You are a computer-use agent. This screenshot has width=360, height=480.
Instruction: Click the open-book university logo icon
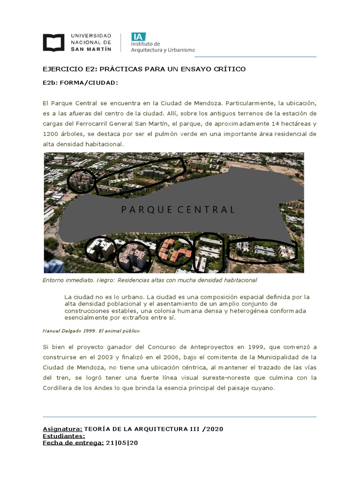click(54, 42)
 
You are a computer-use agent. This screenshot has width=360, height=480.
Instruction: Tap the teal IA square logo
click(138, 37)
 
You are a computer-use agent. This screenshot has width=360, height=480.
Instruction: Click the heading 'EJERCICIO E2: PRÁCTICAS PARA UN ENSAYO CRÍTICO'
click(144, 69)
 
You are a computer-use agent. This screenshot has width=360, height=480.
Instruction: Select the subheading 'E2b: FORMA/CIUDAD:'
click(81, 83)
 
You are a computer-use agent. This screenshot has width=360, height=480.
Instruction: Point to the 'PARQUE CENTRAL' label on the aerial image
click(178, 210)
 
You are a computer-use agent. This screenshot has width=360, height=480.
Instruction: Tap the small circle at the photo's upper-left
click(82, 180)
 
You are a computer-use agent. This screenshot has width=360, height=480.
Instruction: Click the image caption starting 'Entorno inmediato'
click(150, 280)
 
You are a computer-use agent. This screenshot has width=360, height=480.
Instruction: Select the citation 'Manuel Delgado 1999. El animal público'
click(90, 330)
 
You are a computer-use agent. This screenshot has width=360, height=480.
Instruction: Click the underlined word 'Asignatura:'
click(63, 429)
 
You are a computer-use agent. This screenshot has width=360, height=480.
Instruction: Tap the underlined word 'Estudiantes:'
click(64, 436)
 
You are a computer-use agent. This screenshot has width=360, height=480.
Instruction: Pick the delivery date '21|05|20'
click(122, 442)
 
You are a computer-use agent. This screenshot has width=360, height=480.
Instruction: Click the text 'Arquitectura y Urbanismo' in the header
click(163, 50)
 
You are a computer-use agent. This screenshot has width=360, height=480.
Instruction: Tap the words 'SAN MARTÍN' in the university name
click(91, 49)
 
